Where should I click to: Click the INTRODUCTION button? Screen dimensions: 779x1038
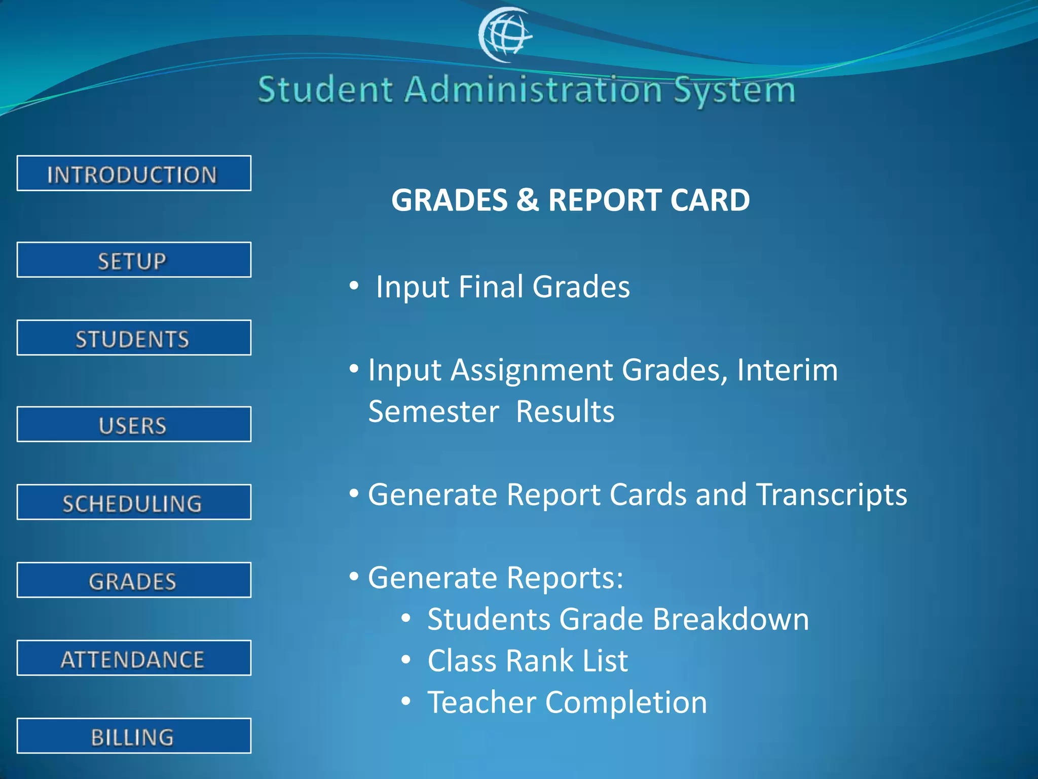pyautogui.click(x=134, y=173)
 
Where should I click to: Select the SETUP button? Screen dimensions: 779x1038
pyautogui.click(x=134, y=260)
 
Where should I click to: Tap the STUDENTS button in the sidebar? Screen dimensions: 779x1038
pyautogui.click(x=134, y=338)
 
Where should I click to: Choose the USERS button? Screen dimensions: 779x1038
pyautogui.click(x=134, y=424)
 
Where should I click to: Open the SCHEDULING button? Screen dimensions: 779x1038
pyautogui.click(x=134, y=503)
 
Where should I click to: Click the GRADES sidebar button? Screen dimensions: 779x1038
pyautogui.click(x=134, y=580)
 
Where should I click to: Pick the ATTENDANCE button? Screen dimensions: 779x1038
pyautogui.click(x=134, y=658)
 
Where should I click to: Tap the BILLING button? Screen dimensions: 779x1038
pyautogui.click(x=134, y=736)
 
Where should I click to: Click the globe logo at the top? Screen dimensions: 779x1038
pyautogui.click(x=505, y=34)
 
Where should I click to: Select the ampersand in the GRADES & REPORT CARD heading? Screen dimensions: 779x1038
pyautogui.click(x=528, y=200)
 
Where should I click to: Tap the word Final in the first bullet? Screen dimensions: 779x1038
pyautogui.click(x=491, y=287)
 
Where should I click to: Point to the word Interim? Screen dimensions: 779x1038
pyautogui.click(x=787, y=370)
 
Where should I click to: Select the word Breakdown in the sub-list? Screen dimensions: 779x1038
pyautogui.click(x=730, y=619)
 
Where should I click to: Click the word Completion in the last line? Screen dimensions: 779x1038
pyautogui.click(x=626, y=702)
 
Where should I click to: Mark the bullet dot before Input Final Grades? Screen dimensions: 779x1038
pyautogui.click(x=354, y=286)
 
